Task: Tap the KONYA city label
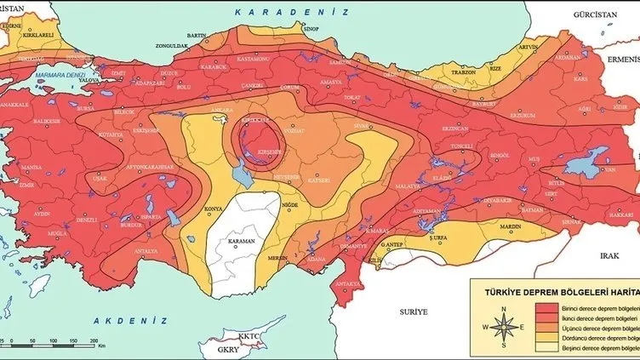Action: tap(214, 209)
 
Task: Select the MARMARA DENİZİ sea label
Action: tap(57, 75)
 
